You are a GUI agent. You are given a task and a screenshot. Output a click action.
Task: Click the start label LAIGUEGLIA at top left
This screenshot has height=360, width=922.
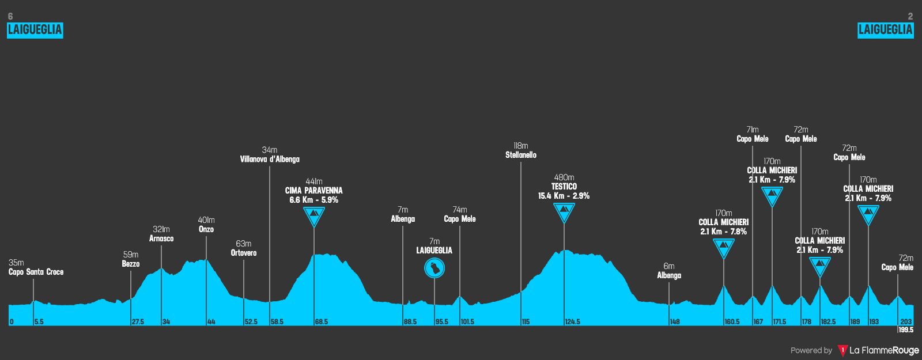click(x=35, y=30)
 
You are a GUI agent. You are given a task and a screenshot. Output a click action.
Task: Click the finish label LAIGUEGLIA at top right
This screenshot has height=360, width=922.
click(x=885, y=30)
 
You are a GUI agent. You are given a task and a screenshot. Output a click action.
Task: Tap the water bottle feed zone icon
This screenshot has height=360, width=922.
click(x=434, y=268)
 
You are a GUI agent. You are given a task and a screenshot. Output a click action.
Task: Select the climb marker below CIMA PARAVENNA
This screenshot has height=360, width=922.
click(x=314, y=217)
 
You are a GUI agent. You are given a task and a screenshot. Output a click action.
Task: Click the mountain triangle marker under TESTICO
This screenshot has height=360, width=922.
click(x=564, y=213)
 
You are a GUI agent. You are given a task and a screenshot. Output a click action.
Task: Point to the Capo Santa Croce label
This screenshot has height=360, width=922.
click(x=36, y=272)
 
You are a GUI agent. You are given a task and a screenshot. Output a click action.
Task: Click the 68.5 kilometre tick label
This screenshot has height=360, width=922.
click(x=322, y=322)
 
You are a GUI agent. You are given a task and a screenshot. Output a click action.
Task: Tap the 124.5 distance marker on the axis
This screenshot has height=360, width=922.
click(x=573, y=322)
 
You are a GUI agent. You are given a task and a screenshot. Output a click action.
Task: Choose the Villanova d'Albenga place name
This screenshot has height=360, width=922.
click(x=270, y=160)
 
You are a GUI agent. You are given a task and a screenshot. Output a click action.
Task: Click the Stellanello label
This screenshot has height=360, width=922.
click(x=521, y=155)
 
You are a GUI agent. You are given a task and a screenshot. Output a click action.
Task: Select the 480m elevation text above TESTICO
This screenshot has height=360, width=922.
click(x=564, y=177)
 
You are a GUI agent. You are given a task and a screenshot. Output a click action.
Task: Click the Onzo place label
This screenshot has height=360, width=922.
click(x=206, y=229)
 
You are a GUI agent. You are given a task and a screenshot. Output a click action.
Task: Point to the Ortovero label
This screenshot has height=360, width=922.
click(x=244, y=253)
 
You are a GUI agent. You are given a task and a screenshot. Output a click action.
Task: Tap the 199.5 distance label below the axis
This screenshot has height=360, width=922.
click(x=906, y=330)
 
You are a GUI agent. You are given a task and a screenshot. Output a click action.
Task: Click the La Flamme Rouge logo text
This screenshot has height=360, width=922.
click(x=884, y=350)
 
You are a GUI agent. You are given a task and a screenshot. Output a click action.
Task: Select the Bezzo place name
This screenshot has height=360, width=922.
click(x=131, y=264)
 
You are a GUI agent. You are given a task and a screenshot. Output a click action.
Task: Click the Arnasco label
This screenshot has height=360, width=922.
click(x=161, y=238)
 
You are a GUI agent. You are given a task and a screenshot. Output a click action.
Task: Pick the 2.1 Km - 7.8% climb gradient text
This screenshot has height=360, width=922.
click(x=724, y=232)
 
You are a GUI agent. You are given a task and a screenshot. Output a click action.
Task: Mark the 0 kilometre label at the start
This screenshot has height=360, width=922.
click(x=12, y=322)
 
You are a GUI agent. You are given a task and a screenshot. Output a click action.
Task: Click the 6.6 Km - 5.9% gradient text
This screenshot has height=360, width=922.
click(x=314, y=200)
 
